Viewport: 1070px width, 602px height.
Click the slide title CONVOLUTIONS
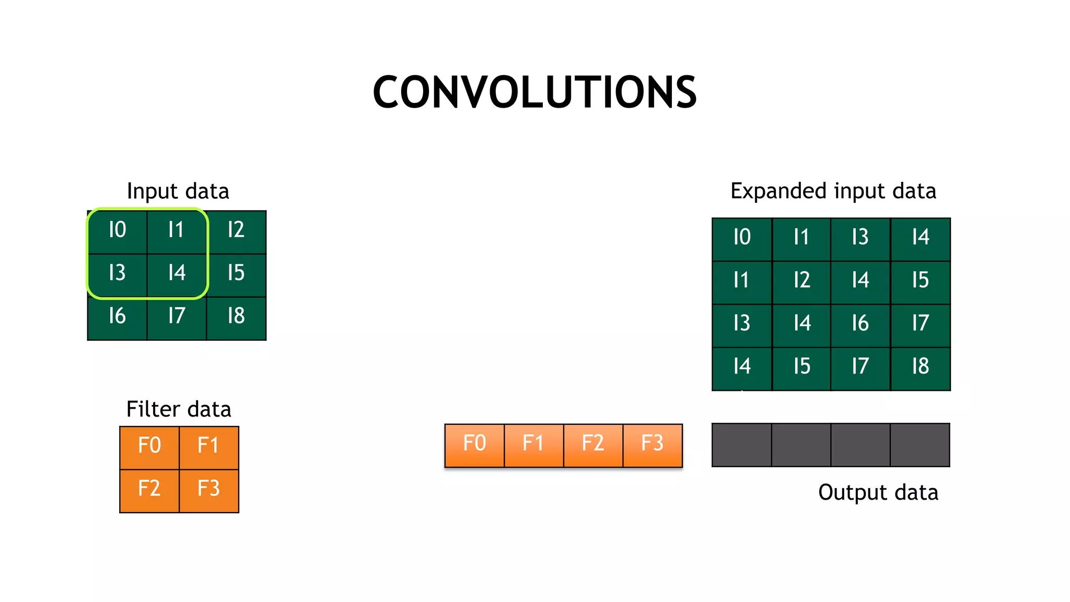click(534, 92)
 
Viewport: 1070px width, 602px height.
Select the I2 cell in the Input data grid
click(236, 230)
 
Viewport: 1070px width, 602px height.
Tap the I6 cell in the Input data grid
click(117, 317)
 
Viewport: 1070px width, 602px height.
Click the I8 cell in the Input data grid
click(236, 317)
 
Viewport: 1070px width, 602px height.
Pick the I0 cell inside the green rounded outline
click(117, 230)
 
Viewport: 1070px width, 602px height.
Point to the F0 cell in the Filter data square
click(149, 446)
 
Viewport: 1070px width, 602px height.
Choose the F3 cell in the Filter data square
click(209, 490)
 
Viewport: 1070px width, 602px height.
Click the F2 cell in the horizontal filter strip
click(593, 444)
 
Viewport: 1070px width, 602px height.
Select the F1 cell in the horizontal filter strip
click(533, 444)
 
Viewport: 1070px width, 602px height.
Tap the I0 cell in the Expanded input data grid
click(742, 238)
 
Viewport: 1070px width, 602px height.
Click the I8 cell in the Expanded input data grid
click(921, 367)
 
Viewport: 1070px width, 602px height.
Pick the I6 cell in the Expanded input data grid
click(860, 324)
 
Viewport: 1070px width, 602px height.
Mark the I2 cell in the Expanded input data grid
click(801, 281)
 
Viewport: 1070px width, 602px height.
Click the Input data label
click(178, 192)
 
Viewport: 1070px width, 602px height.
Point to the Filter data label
click(179, 410)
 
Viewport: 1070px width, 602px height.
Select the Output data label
click(878, 493)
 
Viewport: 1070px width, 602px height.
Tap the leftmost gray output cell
click(742, 445)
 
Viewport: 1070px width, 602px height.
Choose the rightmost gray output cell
click(920, 445)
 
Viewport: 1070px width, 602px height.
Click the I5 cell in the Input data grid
click(236, 274)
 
